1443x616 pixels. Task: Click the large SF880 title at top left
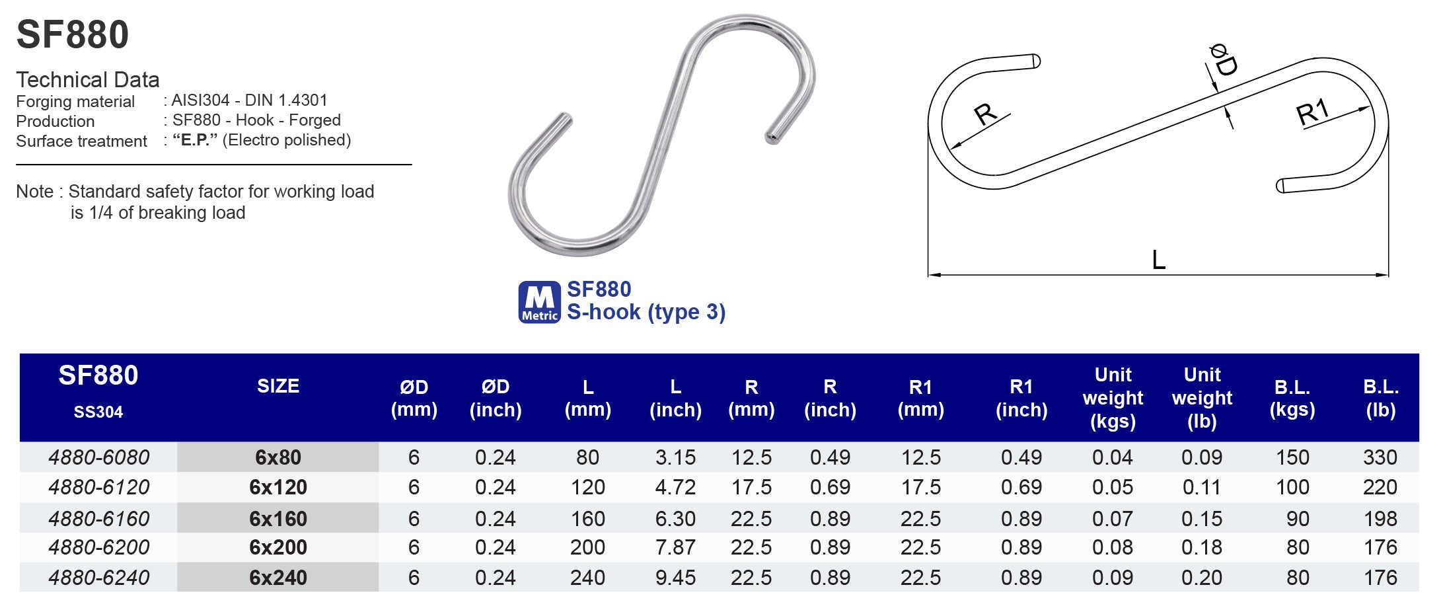click(x=73, y=34)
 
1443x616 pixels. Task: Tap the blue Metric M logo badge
click(x=539, y=302)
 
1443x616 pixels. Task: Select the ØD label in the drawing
click(x=1223, y=60)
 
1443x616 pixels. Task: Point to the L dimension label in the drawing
click(x=1158, y=260)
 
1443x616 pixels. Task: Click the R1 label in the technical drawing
click(x=1312, y=112)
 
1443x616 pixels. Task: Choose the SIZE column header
click(x=278, y=386)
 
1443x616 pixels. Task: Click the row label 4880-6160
click(x=99, y=519)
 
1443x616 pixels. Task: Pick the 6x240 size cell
click(x=278, y=578)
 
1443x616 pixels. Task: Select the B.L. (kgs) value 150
click(x=1292, y=457)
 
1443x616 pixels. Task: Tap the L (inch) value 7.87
click(x=675, y=547)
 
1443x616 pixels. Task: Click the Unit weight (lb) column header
click(x=1202, y=398)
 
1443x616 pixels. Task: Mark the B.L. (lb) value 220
click(x=1380, y=487)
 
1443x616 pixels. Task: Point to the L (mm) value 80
click(x=587, y=457)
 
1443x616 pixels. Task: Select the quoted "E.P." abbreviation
click(x=195, y=140)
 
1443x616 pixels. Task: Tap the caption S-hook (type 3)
click(x=646, y=312)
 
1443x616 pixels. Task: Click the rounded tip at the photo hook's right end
click(x=771, y=138)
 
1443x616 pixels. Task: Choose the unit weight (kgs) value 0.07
click(x=1113, y=519)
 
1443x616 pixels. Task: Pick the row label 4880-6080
click(x=99, y=457)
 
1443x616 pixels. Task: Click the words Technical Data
click(x=88, y=80)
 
